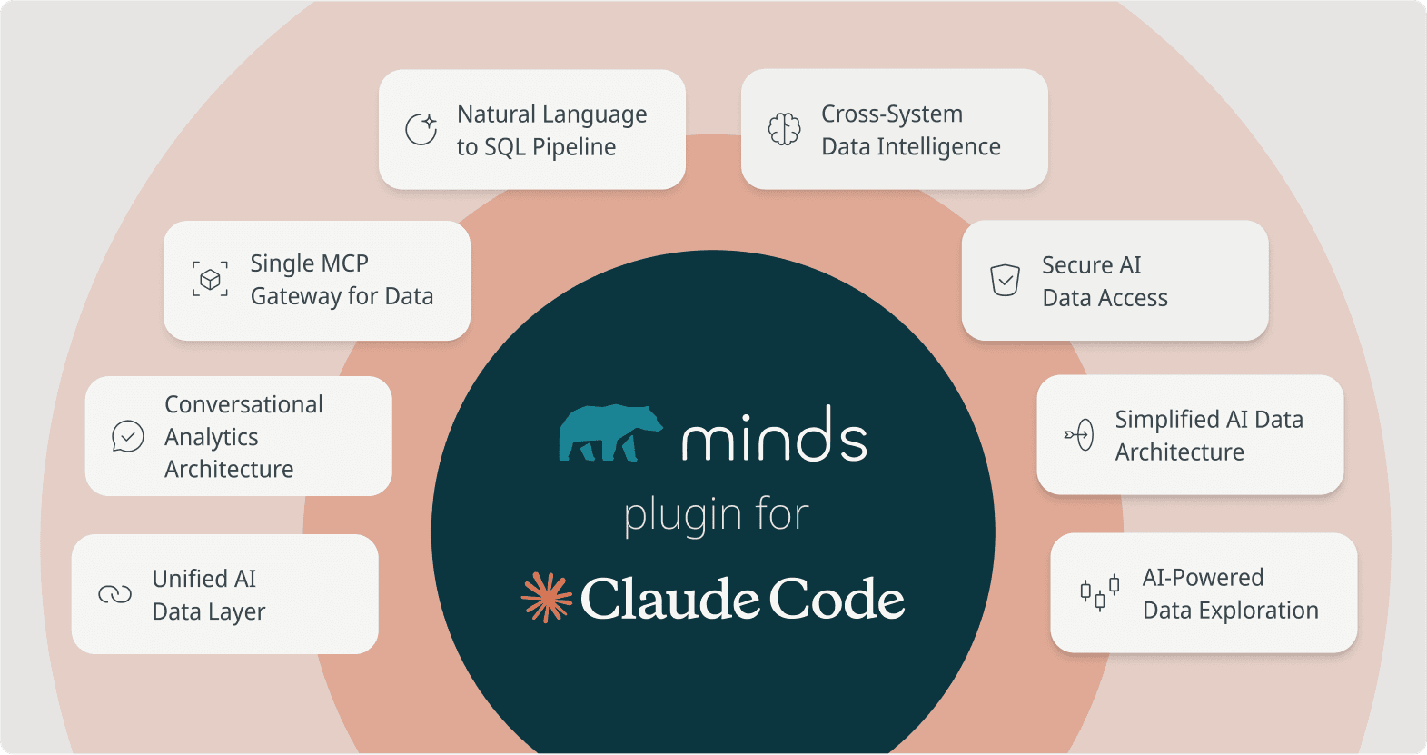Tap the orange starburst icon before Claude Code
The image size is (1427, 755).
pos(546,598)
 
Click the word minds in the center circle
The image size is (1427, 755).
pos(774,436)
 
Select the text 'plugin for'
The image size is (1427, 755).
pos(716,515)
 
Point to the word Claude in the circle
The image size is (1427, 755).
pos(669,600)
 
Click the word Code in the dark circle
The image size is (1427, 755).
pos(837,600)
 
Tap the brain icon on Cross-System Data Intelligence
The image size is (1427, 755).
pos(784,129)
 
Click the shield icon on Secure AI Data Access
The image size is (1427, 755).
pos(1005,280)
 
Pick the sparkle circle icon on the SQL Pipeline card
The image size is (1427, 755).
pos(421,129)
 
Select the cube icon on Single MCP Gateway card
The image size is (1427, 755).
pos(210,279)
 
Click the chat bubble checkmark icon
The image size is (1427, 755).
pos(128,436)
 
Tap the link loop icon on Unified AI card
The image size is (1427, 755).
pos(115,594)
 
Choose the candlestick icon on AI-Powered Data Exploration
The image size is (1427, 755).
pos(1099,593)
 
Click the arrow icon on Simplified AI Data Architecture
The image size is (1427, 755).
pos(1079,435)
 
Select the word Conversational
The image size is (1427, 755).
pos(243,404)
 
